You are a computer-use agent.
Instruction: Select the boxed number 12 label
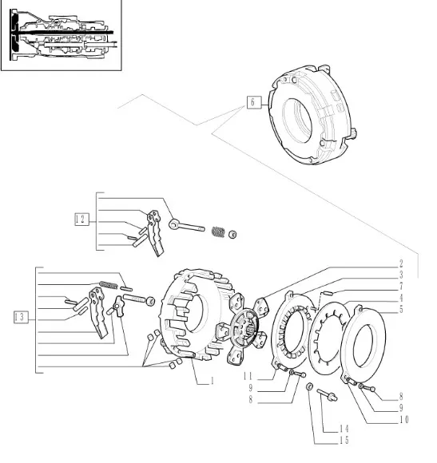[81, 219]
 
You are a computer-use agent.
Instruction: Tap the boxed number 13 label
[21, 317]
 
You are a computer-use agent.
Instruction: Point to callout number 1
[212, 382]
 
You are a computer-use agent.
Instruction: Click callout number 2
[401, 263]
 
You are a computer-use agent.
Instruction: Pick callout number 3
[401, 275]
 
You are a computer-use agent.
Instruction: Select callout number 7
[401, 286]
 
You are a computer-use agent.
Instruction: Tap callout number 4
[401, 298]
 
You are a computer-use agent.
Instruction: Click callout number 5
[401, 310]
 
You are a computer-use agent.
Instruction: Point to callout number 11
[248, 376]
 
